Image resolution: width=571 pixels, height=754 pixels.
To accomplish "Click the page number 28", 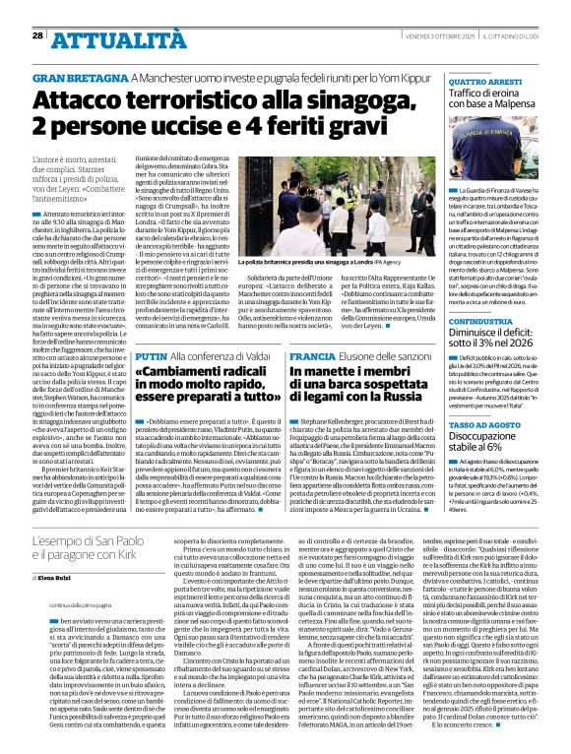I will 37,35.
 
